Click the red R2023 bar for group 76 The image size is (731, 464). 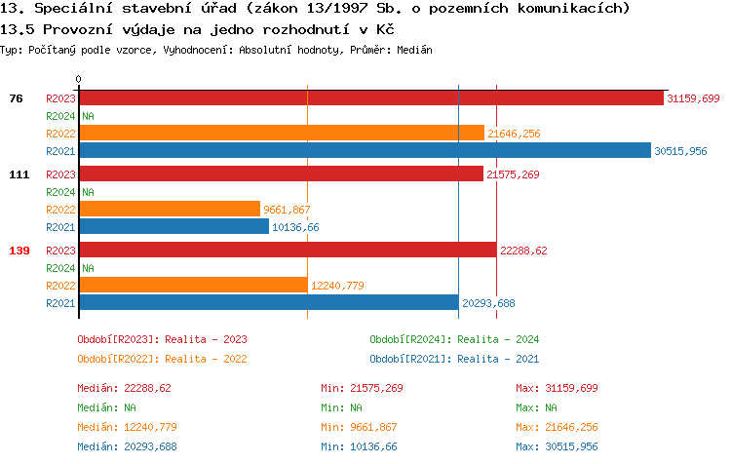370,98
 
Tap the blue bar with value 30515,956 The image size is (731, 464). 365,150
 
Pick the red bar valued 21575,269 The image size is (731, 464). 281,174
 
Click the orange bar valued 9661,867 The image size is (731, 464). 170,209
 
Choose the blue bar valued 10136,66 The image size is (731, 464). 173,226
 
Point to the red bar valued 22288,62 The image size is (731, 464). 288,251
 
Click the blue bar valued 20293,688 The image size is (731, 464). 268,302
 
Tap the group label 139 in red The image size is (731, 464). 19,251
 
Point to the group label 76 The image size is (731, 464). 16,98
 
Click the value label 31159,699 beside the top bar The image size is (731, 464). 692,98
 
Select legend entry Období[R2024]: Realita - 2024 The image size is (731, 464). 454,339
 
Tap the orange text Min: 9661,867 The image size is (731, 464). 362,427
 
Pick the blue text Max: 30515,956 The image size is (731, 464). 557,446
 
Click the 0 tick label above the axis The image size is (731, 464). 79,79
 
